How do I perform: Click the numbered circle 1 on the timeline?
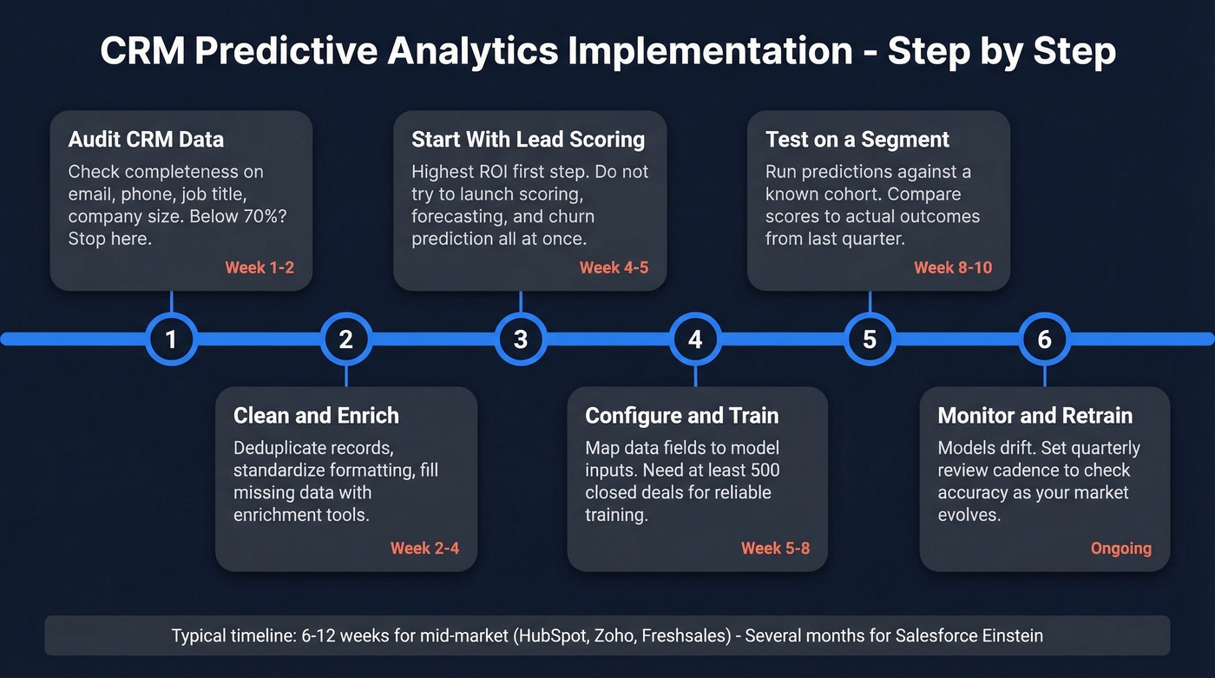[x=171, y=339]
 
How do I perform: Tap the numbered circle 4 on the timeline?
[x=695, y=339]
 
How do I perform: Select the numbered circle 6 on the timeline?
[x=1044, y=339]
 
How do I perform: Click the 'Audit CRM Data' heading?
[x=146, y=139]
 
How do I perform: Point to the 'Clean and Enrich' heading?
[x=316, y=415]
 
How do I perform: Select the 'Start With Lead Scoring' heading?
[x=528, y=139]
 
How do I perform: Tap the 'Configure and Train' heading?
[x=681, y=415]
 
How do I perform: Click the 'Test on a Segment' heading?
[x=857, y=139]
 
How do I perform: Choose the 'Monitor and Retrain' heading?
[x=1034, y=415]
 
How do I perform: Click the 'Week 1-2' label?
[x=259, y=267]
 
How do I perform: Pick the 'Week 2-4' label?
[x=424, y=548]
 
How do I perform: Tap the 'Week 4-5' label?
[x=614, y=267]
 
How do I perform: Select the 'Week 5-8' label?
[x=775, y=548]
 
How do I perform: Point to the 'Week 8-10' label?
[x=952, y=267]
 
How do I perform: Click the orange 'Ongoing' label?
[x=1120, y=548]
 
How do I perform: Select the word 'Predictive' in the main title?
[x=286, y=52]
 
